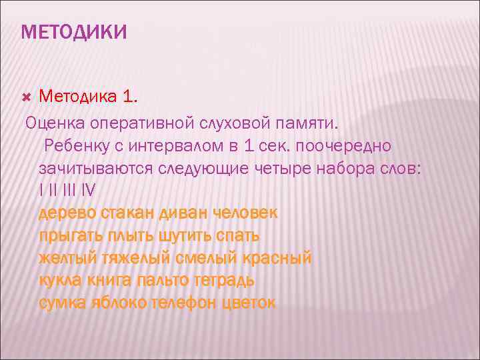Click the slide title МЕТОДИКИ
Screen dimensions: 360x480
73,31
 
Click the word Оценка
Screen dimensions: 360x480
51,122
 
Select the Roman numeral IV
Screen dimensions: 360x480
88,191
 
